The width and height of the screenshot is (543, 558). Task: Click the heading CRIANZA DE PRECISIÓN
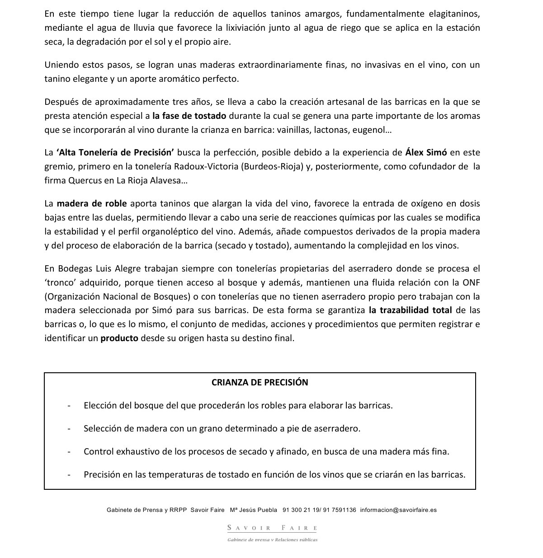tap(260, 382)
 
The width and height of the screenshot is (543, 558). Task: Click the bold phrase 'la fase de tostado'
tap(189, 116)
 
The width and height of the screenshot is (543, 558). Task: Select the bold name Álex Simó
tap(426, 152)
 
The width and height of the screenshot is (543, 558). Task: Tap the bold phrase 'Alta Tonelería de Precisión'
tap(115, 152)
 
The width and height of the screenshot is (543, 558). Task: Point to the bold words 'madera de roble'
tap(92, 203)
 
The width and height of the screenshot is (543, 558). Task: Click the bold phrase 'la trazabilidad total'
tap(410, 310)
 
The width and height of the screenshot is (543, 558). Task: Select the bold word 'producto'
tap(119, 338)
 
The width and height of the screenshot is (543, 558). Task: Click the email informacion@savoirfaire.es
tap(398, 510)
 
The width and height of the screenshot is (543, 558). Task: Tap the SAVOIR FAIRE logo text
tap(272, 528)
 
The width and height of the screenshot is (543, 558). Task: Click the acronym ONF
tap(471, 282)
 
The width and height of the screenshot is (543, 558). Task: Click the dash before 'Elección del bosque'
tap(69, 405)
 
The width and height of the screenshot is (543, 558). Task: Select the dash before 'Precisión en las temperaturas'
tap(69, 475)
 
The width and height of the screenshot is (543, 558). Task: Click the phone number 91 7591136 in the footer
tap(340, 510)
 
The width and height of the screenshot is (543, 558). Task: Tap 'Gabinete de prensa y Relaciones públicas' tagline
tap(272, 539)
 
